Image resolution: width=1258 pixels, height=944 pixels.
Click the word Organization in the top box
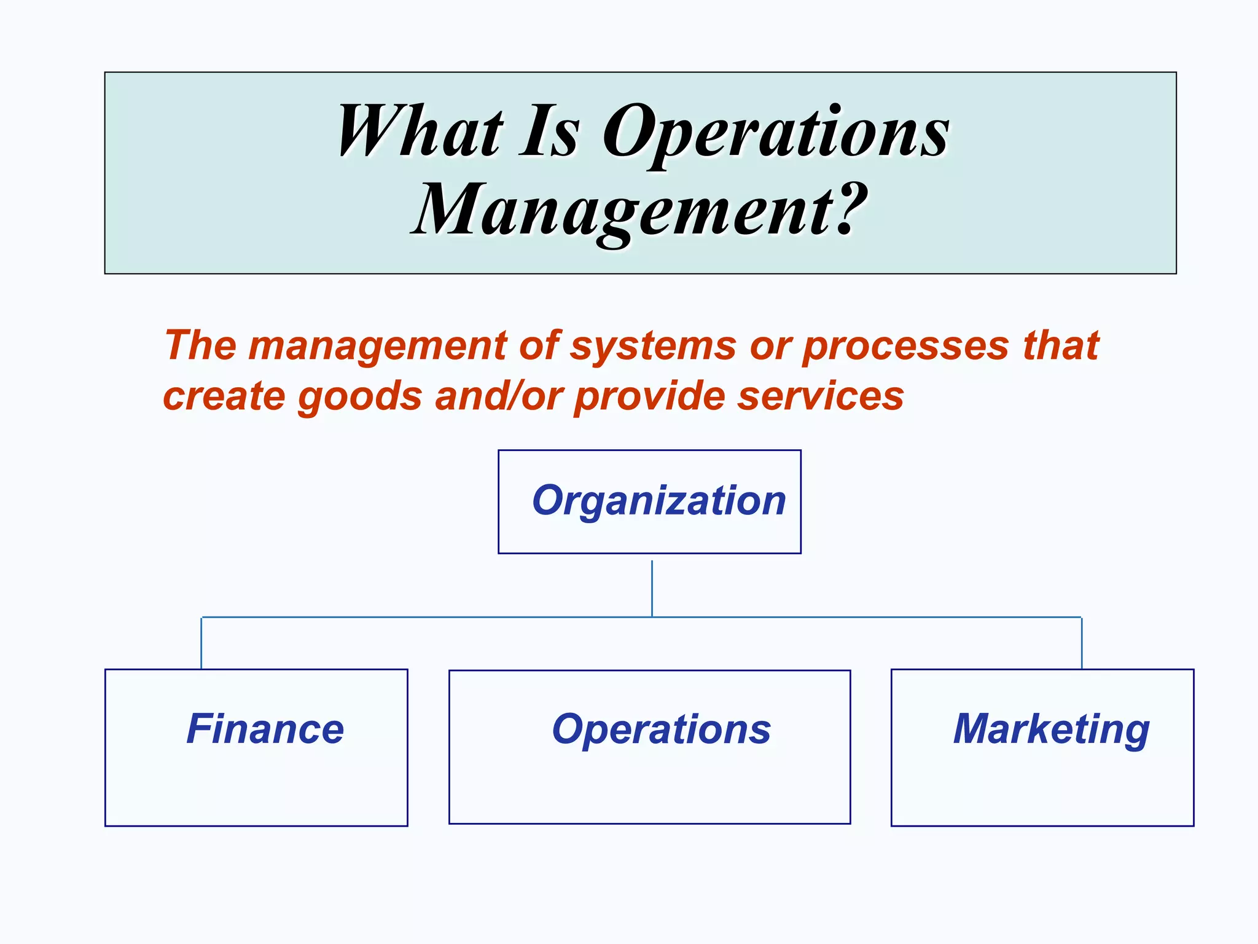click(658, 501)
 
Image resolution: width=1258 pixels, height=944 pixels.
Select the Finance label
click(265, 729)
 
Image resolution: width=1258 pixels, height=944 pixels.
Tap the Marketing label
click(1051, 730)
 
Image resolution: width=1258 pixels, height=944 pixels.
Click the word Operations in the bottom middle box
click(661, 730)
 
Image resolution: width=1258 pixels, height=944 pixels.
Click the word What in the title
click(420, 132)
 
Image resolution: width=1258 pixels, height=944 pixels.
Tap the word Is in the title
click(550, 132)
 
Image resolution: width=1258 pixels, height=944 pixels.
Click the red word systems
click(653, 346)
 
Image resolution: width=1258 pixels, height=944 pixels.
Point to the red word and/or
click(499, 396)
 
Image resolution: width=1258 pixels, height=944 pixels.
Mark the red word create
click(224, 396)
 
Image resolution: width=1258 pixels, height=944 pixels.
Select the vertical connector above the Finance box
click(201, 642)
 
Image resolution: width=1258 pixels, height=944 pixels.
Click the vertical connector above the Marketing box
click(1081, 642)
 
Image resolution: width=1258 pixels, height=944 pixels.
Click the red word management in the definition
click(377, 347)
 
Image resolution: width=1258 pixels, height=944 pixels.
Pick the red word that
click(1061, 345)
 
